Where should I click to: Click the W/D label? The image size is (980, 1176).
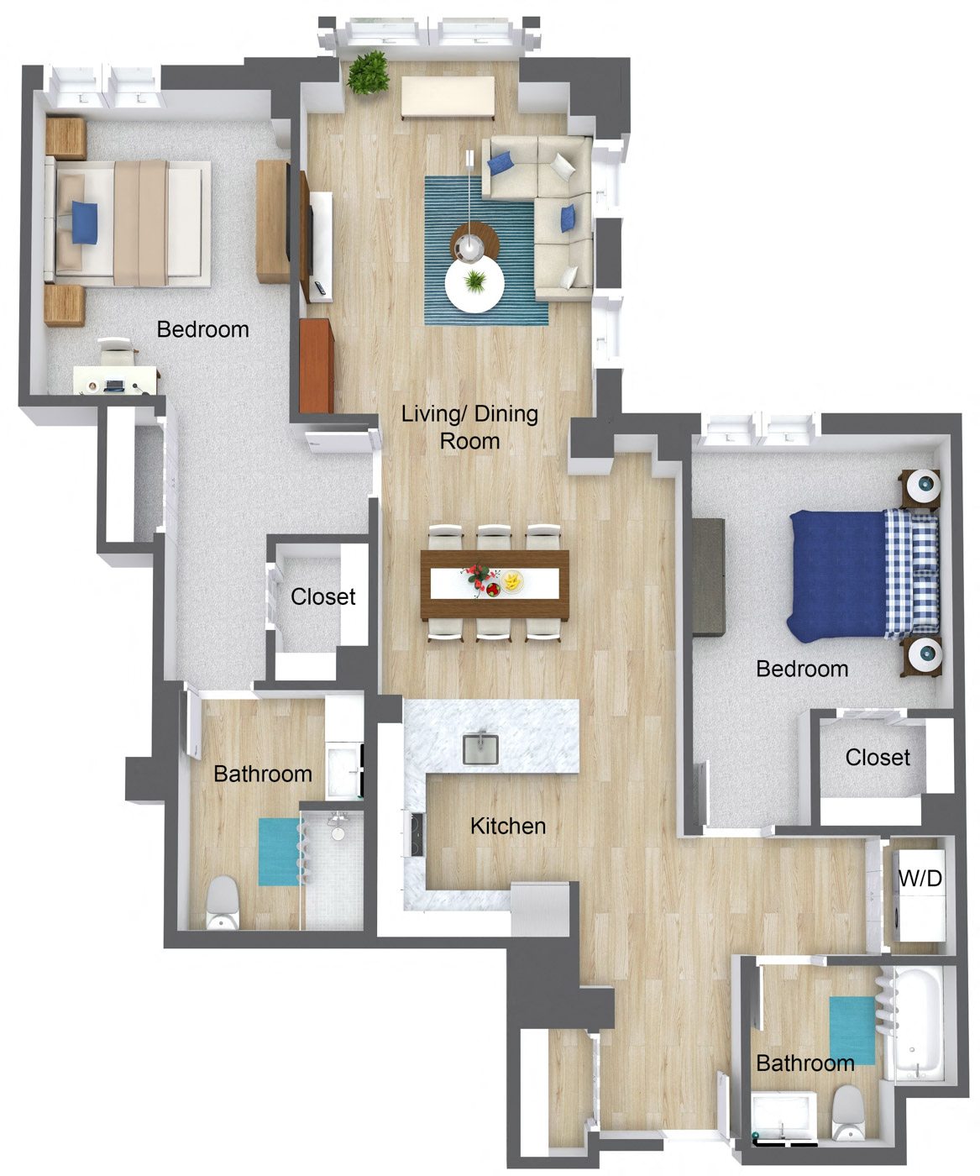pyautogui.click(x=920, y=879)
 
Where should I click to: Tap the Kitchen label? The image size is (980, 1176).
pyautogui.click(x=507, y=826)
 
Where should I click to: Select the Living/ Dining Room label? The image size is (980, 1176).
pyautogui.click(x=469, y=427)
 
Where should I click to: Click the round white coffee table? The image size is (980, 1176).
pyautogui.click(x=474, y=285)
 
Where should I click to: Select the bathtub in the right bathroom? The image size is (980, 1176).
pyautogui.click(x=919, y=1025)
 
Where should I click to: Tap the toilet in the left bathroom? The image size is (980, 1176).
pyautogui.click(x=223, y=903)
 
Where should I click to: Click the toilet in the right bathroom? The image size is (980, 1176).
pyautogui.click(x=846, y=1112)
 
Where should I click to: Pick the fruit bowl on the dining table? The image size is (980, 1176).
pyautogui.click(x=511, y=580)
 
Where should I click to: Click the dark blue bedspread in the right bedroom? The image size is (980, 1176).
pyautogui.click(x=836, y=575)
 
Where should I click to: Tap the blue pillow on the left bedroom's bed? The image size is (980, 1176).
pyautogui.click(x=84, y=223)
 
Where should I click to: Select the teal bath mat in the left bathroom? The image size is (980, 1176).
pyautogui.click(x=278, y=852)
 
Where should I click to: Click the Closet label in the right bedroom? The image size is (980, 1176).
pyautogui.click(x=878, y=757)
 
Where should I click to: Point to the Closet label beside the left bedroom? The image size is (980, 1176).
pyautogui.click(x=322, y=596)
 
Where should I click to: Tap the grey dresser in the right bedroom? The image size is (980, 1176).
pyautogui.click(x=709, y=576)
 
